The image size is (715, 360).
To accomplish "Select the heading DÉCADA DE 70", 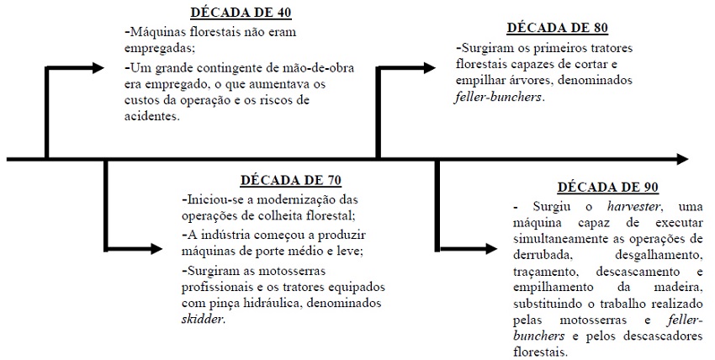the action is [290, 181].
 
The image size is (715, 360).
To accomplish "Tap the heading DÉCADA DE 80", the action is [559, 28].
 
